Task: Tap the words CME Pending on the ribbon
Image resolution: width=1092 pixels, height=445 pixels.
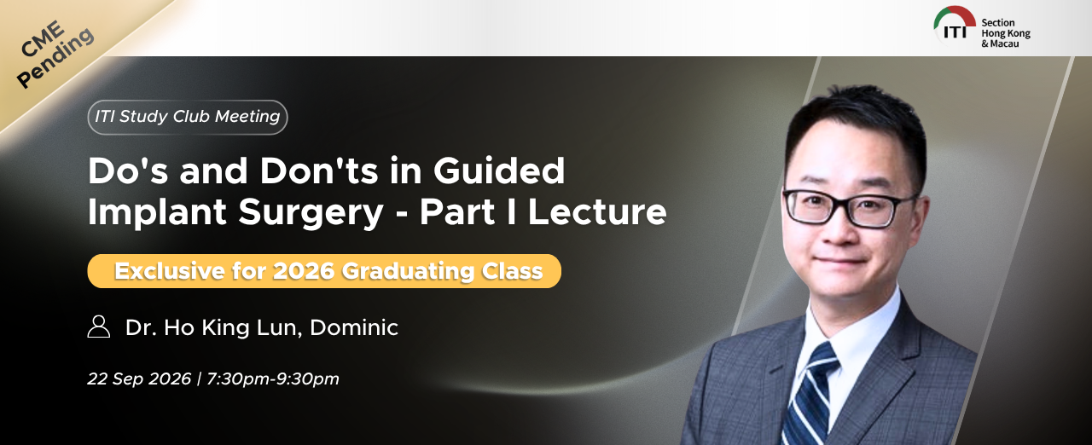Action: coord(54,54)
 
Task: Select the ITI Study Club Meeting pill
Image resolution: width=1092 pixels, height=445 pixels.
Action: coord(188,117)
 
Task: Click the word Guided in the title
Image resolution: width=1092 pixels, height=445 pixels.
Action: coord(499,170)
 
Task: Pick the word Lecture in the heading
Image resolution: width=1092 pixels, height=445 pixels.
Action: coord(597,211)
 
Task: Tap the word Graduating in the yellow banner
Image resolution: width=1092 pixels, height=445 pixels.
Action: coord(408,272)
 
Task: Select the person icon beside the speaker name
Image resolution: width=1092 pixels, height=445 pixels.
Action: coord(98,327)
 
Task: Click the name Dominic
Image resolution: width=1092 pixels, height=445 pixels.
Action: coord(354,327)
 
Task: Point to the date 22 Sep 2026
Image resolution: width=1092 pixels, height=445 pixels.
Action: coord(139,379)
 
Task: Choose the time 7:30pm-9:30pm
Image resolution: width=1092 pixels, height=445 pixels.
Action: coord(272,379)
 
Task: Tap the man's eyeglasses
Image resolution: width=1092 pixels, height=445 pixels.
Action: coord(849,208)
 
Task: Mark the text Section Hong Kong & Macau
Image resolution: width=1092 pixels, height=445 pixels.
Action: coord(1005,33)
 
